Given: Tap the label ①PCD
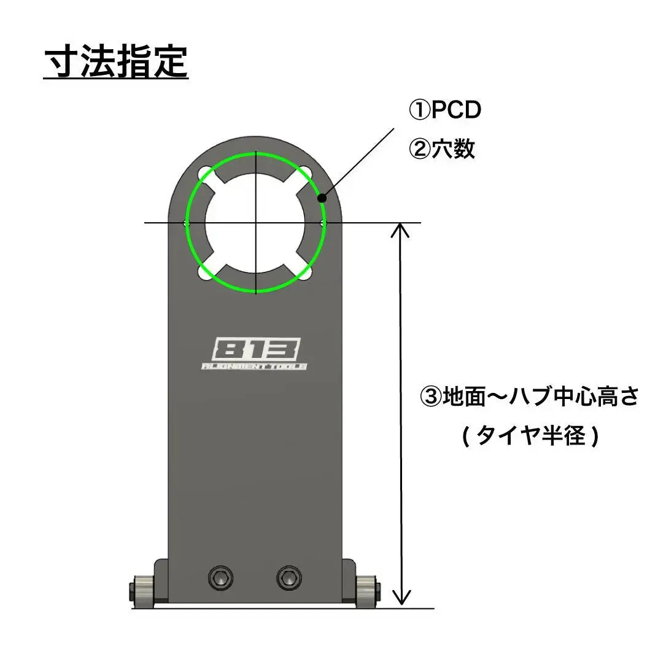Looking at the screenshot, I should [x=445, y=111].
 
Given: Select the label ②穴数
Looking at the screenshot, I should [x=442, y=149].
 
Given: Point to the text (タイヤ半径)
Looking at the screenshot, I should [x=529, y=436].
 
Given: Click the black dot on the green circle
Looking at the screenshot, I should [x=320, y=198].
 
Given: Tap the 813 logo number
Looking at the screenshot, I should [x=256, y=351].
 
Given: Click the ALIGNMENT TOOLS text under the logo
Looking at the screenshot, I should [x=255, y=366].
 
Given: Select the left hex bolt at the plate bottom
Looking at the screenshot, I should [x=222, y=576].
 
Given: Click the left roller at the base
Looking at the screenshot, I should [x=143, y=591].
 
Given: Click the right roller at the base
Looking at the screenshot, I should [x=366, y=591].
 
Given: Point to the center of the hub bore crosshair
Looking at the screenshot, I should [x=255, y=222].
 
